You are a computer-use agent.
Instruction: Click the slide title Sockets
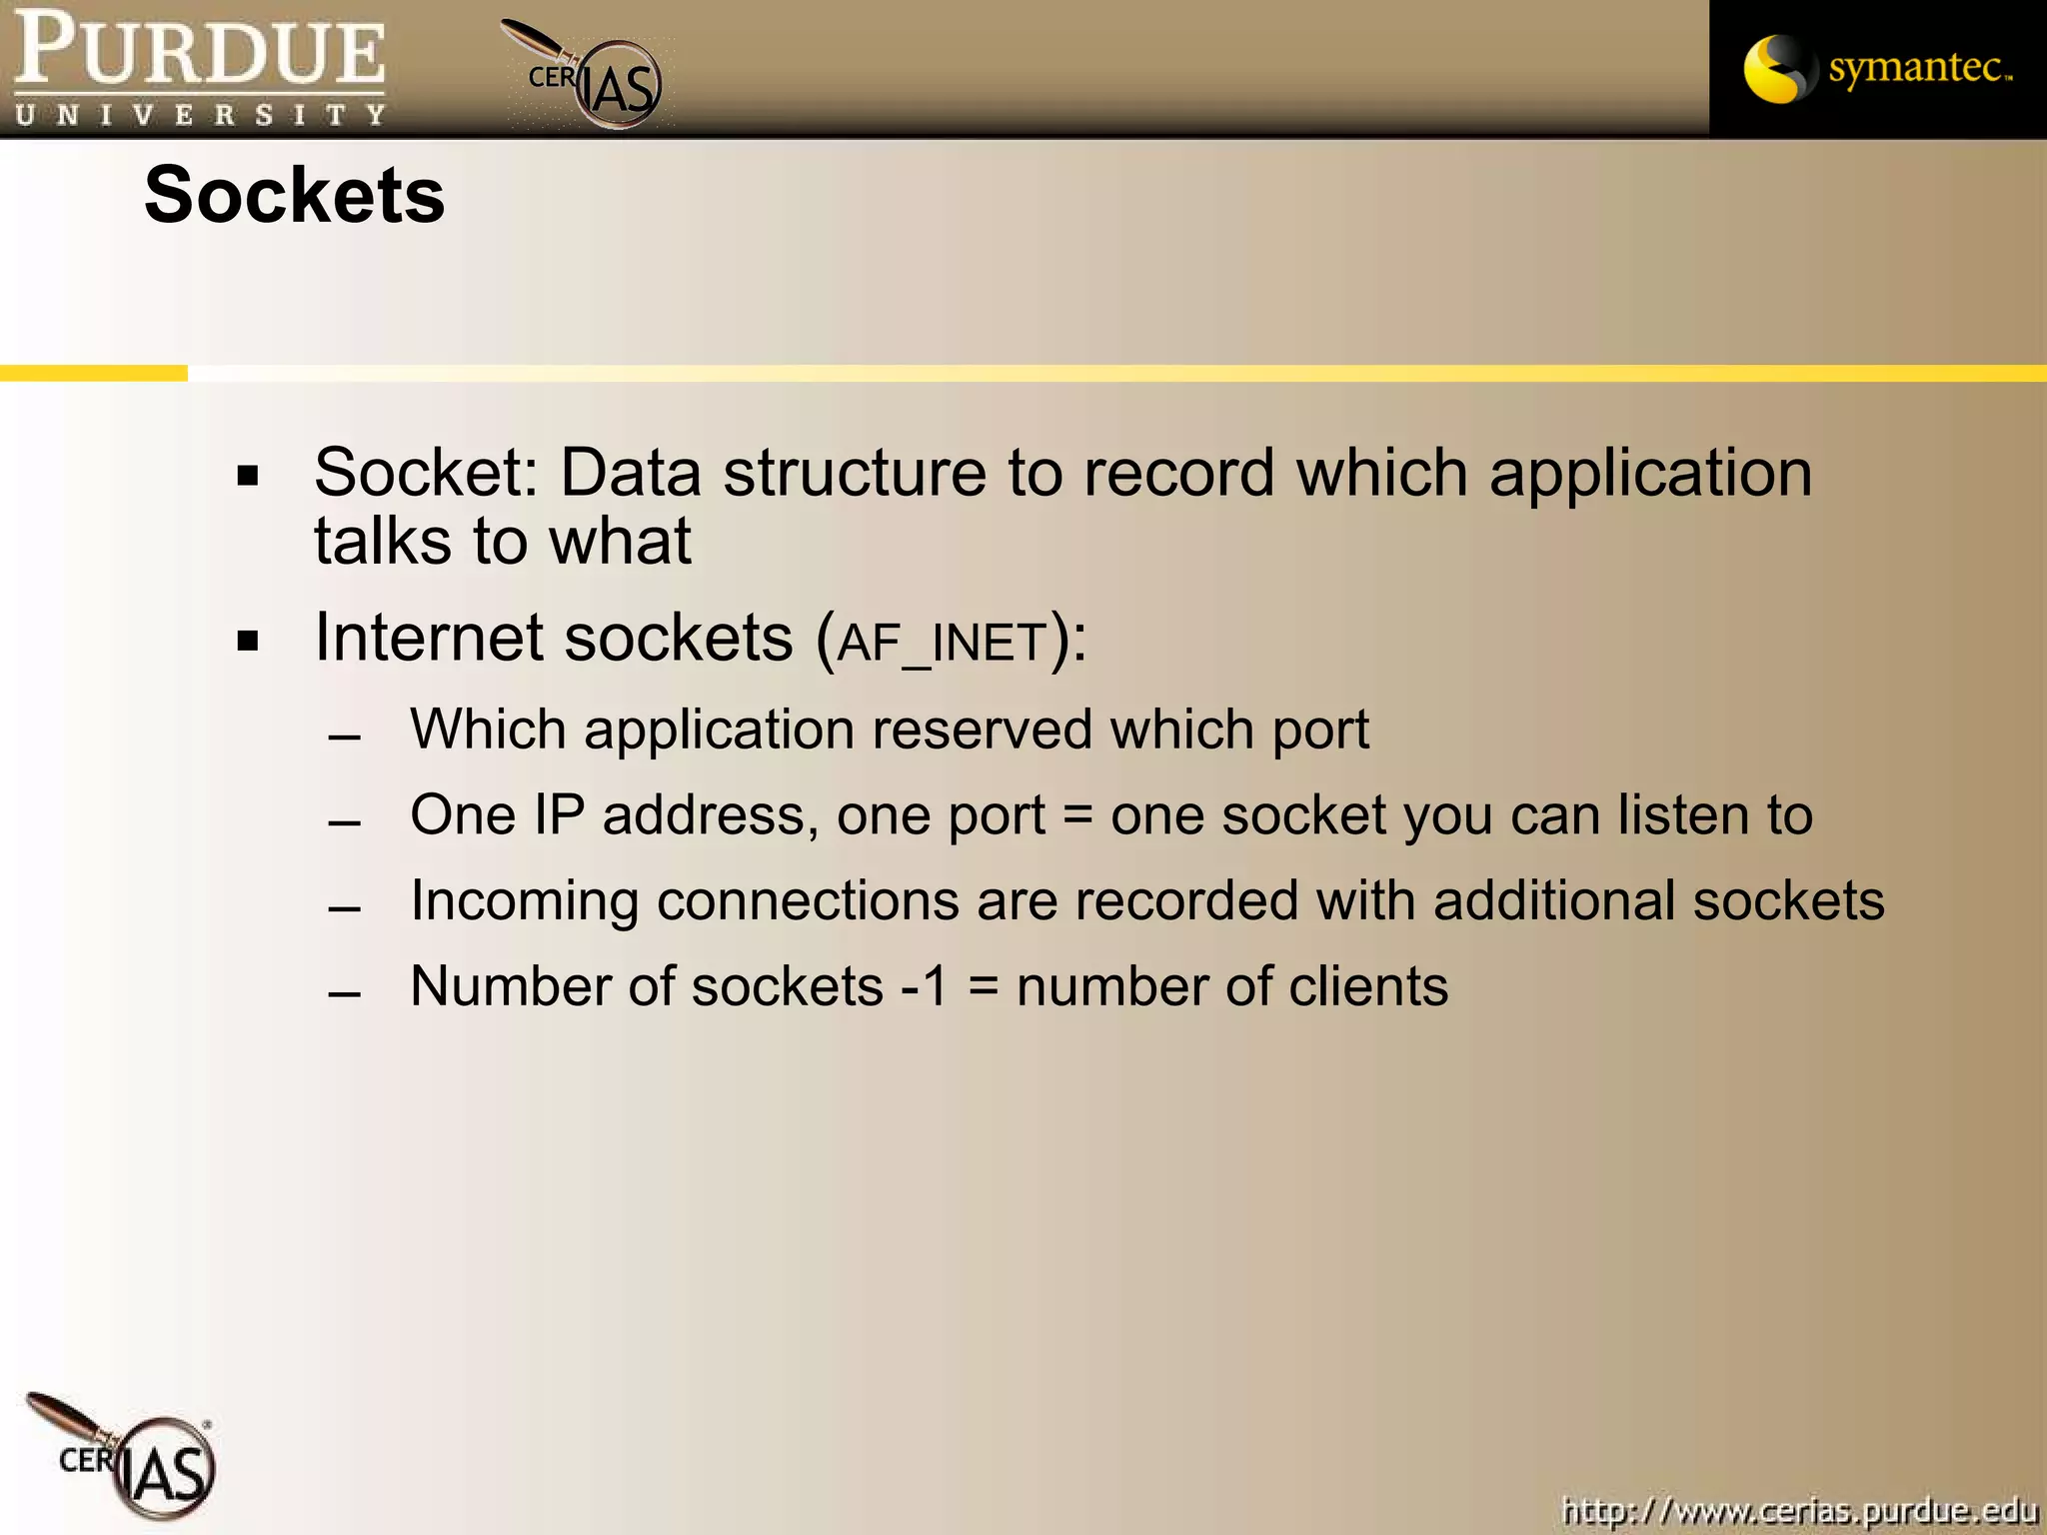pos(294,195)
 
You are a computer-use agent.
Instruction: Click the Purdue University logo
pos(199,68)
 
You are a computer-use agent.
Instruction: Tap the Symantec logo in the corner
pos(1877,68)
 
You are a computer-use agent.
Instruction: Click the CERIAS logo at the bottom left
pos(130,1459)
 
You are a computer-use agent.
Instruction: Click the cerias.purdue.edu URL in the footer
pos(1799,1509)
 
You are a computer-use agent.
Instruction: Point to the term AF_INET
pos(942,643)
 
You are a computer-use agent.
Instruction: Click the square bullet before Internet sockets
pos(248,641)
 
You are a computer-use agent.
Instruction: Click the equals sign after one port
pos(1077,816)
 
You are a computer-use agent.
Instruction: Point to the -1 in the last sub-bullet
pos(924,986)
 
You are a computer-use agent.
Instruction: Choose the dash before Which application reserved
pos(344,739)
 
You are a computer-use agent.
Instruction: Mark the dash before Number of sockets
pos(344,995)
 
